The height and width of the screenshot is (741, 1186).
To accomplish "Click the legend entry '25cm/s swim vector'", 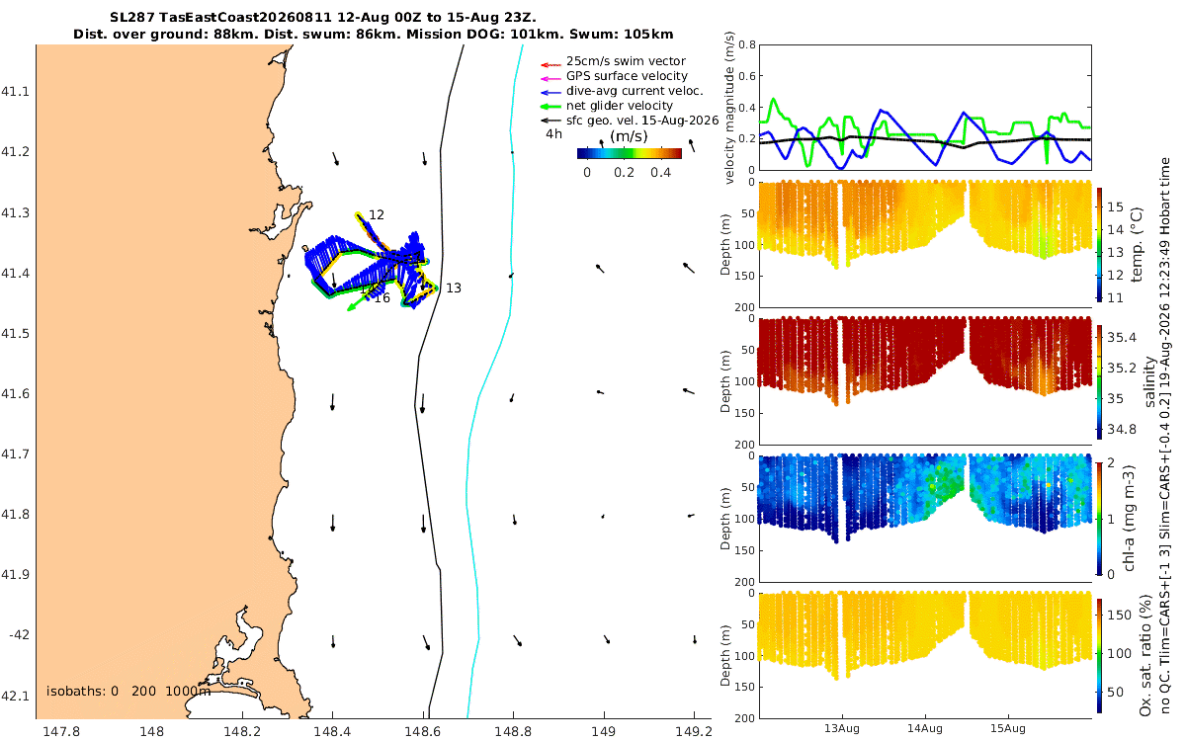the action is pos(626,61).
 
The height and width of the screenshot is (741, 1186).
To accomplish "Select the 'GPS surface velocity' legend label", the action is pos(627,76).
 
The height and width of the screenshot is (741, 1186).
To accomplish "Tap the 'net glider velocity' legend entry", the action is pos(620,106).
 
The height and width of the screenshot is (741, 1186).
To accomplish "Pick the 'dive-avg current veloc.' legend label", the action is pos(635,91).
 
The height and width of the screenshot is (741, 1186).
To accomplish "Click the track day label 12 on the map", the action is pos(376,215).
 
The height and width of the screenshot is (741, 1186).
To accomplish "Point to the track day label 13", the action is pos(454,288).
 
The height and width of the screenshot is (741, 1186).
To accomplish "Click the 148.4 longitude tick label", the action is pos(332,731).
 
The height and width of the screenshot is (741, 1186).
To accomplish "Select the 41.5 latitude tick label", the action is pos(14,334).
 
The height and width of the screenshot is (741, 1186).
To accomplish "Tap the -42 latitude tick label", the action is pos(19,634).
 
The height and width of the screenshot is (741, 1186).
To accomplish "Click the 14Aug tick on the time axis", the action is pos(925,728).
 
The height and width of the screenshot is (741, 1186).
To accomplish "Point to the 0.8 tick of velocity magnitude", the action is pos(747,44).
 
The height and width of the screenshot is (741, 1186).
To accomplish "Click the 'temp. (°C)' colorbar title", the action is pos(1137,244).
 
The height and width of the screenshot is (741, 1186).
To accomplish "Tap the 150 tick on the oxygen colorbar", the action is pos(1119,615).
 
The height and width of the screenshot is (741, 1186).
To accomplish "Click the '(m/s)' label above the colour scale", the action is pos(629,136).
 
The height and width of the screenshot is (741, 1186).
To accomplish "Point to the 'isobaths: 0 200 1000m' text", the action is pos(128,692).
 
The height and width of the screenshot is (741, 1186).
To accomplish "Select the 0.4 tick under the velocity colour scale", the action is pos(661,173).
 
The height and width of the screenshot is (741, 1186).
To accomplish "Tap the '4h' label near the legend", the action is pos(553,134).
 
